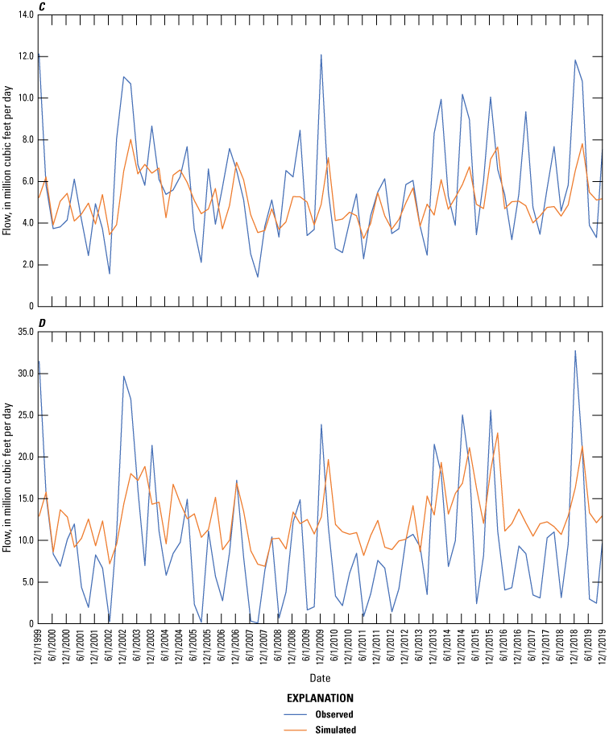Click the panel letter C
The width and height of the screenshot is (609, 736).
coord(41,6)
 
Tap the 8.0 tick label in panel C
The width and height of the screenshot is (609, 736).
coord(26,139)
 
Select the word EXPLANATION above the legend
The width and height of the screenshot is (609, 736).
coord(321,699)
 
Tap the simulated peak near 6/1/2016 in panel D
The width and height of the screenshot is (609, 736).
coord(498,433)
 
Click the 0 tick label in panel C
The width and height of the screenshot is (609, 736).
coord(31,307)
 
